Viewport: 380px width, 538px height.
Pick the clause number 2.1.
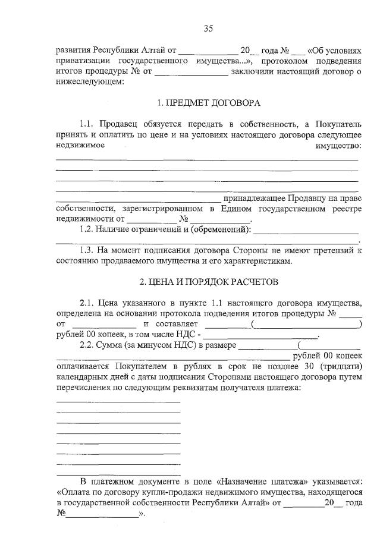pos(87,303)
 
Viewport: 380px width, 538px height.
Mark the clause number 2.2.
pos(87,345)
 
